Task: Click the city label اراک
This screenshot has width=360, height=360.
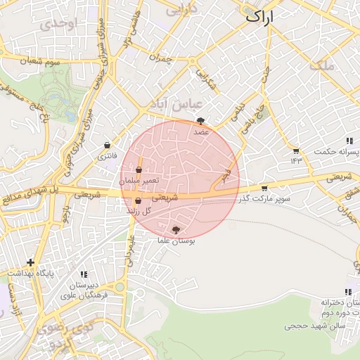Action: tap(269, 16)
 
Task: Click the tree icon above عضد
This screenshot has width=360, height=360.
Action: tap(201, 121)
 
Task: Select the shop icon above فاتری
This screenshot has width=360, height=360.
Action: tap(107, 145)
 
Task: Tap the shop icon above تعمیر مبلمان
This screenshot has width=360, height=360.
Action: tap(139, 170)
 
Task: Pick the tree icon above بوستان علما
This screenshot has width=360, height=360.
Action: tap(176, 229)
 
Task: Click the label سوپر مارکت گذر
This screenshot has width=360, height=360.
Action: tap(265, 200)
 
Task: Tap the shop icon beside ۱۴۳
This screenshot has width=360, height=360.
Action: tap(296, 150)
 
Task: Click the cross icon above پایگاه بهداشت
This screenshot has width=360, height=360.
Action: tap(30, 262)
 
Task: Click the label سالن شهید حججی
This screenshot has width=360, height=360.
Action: tap(313, 326)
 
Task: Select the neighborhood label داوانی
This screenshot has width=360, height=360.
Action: tap(181, 9)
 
